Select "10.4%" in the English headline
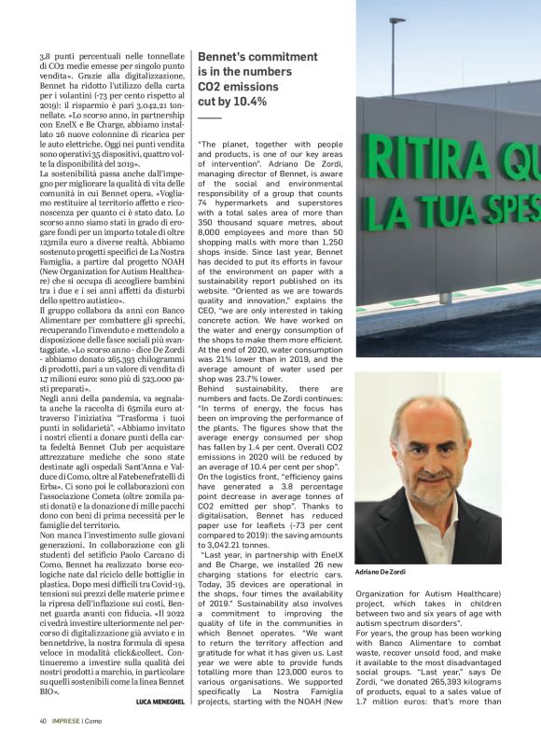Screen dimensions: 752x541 (245, 101)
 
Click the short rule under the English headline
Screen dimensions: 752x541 (210, 118)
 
